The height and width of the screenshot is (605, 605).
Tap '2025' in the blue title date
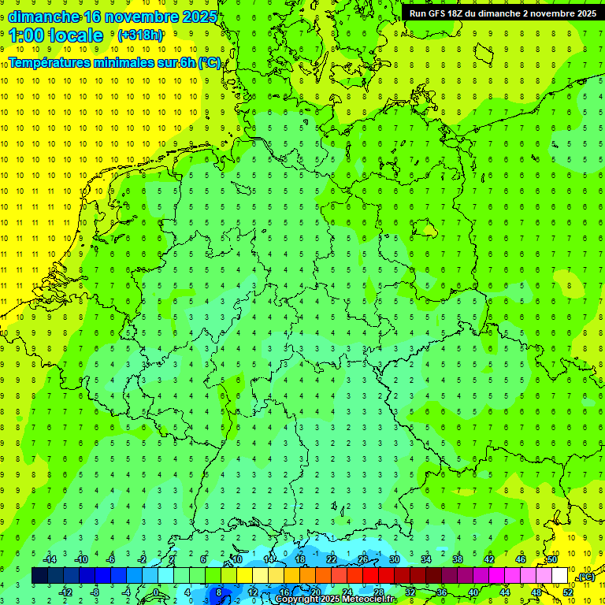[x=194, y=16]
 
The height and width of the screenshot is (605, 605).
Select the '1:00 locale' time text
[x=56, y=35]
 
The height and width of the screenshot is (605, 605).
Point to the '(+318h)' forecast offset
[x=140, y=35]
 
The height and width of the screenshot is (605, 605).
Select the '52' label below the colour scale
[x=568, y=592]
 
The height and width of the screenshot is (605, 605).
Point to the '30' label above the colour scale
[x=395, y=559]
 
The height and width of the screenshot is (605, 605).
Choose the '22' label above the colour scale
[x=332, y=559]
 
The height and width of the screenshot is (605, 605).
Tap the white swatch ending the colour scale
[x=559, y=576]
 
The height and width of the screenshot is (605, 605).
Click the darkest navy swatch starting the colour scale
[x=39, y=576]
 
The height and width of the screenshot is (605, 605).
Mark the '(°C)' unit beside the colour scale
[x=585, y=577]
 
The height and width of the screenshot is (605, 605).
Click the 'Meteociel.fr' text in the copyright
[x=369, y=599]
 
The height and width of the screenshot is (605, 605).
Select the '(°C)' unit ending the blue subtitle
[x=210, y=62]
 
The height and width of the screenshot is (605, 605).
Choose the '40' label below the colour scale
[x=473, y=592]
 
